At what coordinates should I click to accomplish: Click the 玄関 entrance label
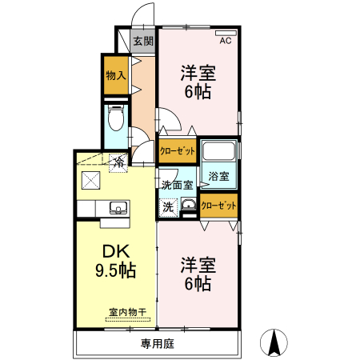point(143,41)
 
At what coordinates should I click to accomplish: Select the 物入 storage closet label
point(115,75)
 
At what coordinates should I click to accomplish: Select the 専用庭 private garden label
point(157,345)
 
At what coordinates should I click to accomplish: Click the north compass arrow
point(274,342)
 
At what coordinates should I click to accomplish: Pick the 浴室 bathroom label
point(218,176)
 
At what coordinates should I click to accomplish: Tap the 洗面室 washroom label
point(177,185)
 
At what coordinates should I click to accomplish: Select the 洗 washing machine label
point(168,206)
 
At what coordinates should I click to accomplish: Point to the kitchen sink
point(117,208)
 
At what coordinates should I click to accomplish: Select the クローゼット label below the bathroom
point(218,206)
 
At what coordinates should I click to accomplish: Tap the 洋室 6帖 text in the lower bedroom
point(198,273)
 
